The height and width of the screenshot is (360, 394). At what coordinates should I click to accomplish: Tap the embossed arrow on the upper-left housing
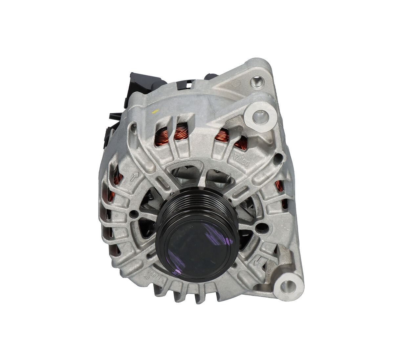[x=134, y=177]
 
